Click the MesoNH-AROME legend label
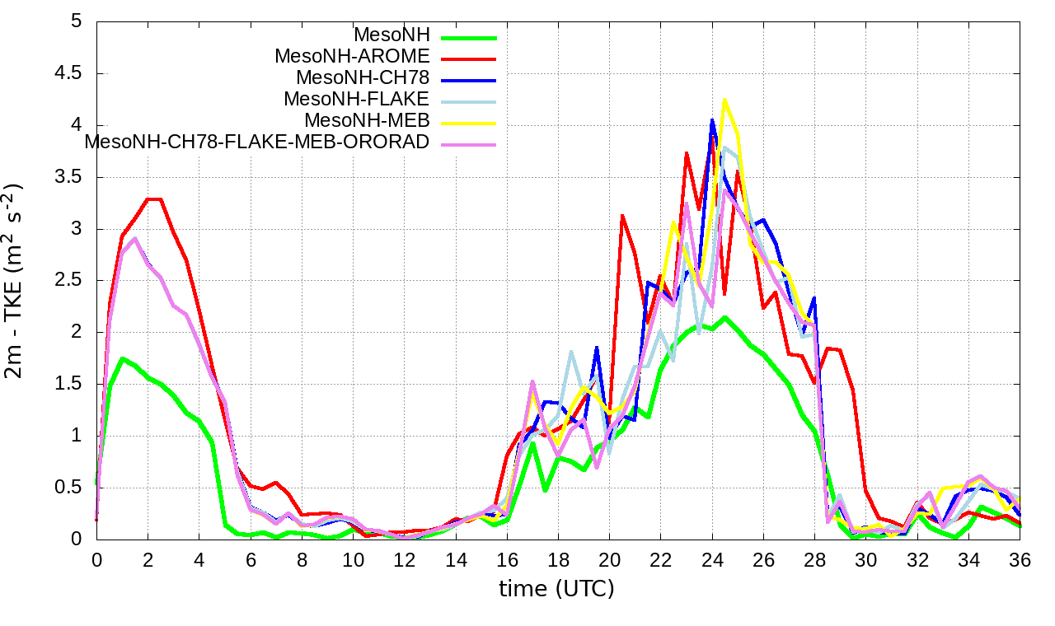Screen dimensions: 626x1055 coord(352,57)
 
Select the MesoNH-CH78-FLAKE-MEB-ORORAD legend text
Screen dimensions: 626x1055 coord(257,142)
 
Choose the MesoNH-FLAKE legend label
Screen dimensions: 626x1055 coord(357,99)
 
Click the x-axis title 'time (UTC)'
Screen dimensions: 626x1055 coord(557,589)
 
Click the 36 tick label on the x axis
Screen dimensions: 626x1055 coord(1020,558)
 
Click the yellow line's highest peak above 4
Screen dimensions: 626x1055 coord(724,100)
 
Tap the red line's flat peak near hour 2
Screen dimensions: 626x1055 coord(154,199)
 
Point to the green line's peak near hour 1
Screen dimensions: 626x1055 coord(122,358)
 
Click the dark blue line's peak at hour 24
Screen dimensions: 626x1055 coord(712,120)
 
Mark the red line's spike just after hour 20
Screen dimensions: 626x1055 coord(622,215)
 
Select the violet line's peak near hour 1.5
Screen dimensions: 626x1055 coord(135,239)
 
